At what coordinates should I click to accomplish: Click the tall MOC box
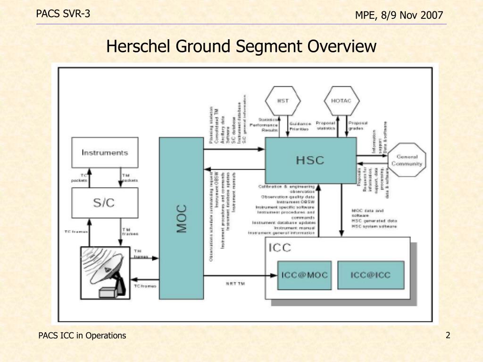(182, 218)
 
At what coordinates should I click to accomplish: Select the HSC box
(310, 160)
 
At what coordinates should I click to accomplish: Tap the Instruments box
(105, 152)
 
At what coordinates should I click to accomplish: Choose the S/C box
(105, 203)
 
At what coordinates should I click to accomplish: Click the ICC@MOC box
(304, 275)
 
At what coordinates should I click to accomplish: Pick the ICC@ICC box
(370, 275)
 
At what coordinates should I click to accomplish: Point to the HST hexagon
(283, 100)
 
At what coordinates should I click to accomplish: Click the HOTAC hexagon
(341, 100)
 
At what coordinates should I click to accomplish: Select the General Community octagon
(408, 160)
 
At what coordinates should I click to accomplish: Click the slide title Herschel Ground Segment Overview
(241, 47)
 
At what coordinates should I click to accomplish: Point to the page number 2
(448, 335)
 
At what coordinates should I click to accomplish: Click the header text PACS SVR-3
(63, 14)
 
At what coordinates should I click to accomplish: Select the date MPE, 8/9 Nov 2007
(399, 16)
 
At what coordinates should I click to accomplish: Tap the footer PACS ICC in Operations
(82, 336)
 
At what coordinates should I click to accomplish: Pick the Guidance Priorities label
(300, 126)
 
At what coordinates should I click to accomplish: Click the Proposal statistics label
(325, 125)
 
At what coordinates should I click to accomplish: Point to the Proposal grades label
(358, 125)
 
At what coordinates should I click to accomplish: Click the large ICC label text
(280, 247)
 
